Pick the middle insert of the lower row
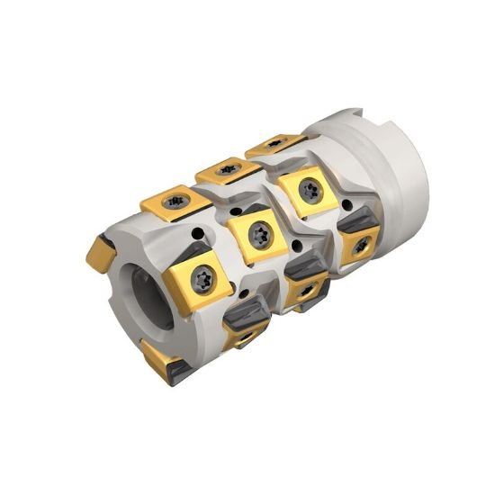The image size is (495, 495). (x=306, y=287)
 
